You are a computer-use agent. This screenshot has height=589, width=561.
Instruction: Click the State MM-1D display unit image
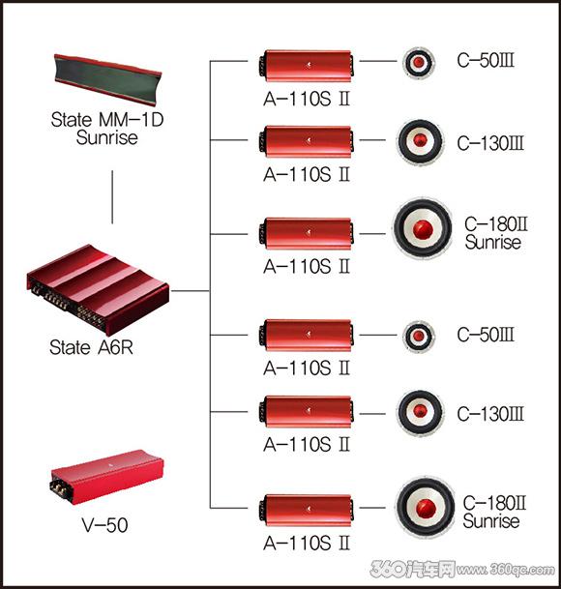(x=107, y=79)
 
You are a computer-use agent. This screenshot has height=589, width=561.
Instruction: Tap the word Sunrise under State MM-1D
(x=107, y=136)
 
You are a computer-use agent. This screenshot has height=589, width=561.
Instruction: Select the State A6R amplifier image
(x=98, y=289)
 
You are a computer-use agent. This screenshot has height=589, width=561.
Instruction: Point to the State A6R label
(x=91, y=347)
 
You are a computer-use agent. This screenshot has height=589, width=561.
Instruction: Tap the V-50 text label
(x=105, y=525)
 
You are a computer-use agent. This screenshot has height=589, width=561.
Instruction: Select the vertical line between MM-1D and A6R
(x=112, y=197)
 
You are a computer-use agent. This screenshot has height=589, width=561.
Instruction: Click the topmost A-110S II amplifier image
(x=306, y=66)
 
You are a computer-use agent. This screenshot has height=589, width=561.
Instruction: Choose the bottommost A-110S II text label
(x=307, y=544)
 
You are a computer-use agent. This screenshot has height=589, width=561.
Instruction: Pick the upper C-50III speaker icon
(x=419, y=63)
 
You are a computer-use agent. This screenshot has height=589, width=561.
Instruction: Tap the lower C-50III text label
(x=486, y=335)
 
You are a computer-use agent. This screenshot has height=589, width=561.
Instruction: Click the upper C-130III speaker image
(x=420, y=141)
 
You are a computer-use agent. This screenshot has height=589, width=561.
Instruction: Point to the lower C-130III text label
(x=490, y=414)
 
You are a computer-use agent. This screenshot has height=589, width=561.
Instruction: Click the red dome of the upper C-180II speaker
(x=423, y=229)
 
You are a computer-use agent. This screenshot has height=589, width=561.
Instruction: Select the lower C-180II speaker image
(x=425, y=508)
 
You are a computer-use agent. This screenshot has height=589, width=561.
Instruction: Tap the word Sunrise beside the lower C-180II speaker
(x=491, y=521)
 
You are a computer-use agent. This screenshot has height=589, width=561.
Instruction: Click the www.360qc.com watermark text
(x=506, y=570)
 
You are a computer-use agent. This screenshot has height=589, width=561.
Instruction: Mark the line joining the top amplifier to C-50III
(x=378, y=61)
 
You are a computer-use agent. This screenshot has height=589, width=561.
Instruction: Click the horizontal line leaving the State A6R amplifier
(x=190, y=291)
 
